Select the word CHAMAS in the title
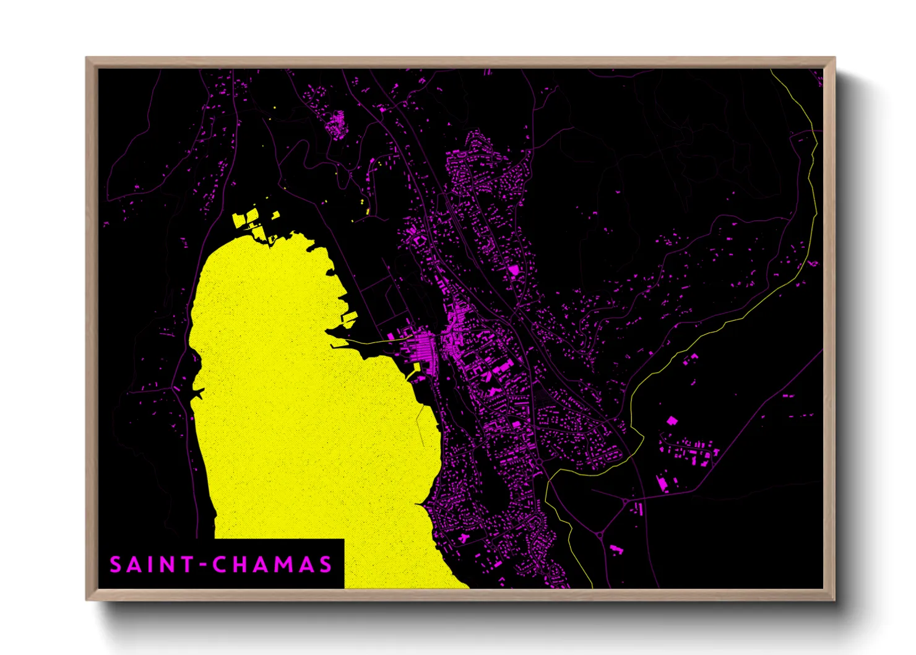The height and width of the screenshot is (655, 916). point(272,565)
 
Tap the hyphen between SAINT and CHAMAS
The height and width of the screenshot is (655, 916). point(203,565)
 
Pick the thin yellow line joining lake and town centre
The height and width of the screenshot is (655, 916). point(371,341)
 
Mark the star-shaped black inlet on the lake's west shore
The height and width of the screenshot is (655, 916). point(197,393)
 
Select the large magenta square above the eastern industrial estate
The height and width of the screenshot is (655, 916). point(672,421)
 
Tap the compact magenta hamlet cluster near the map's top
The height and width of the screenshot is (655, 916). point(337,124)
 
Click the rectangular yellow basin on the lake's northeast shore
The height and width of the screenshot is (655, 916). point(350,318)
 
